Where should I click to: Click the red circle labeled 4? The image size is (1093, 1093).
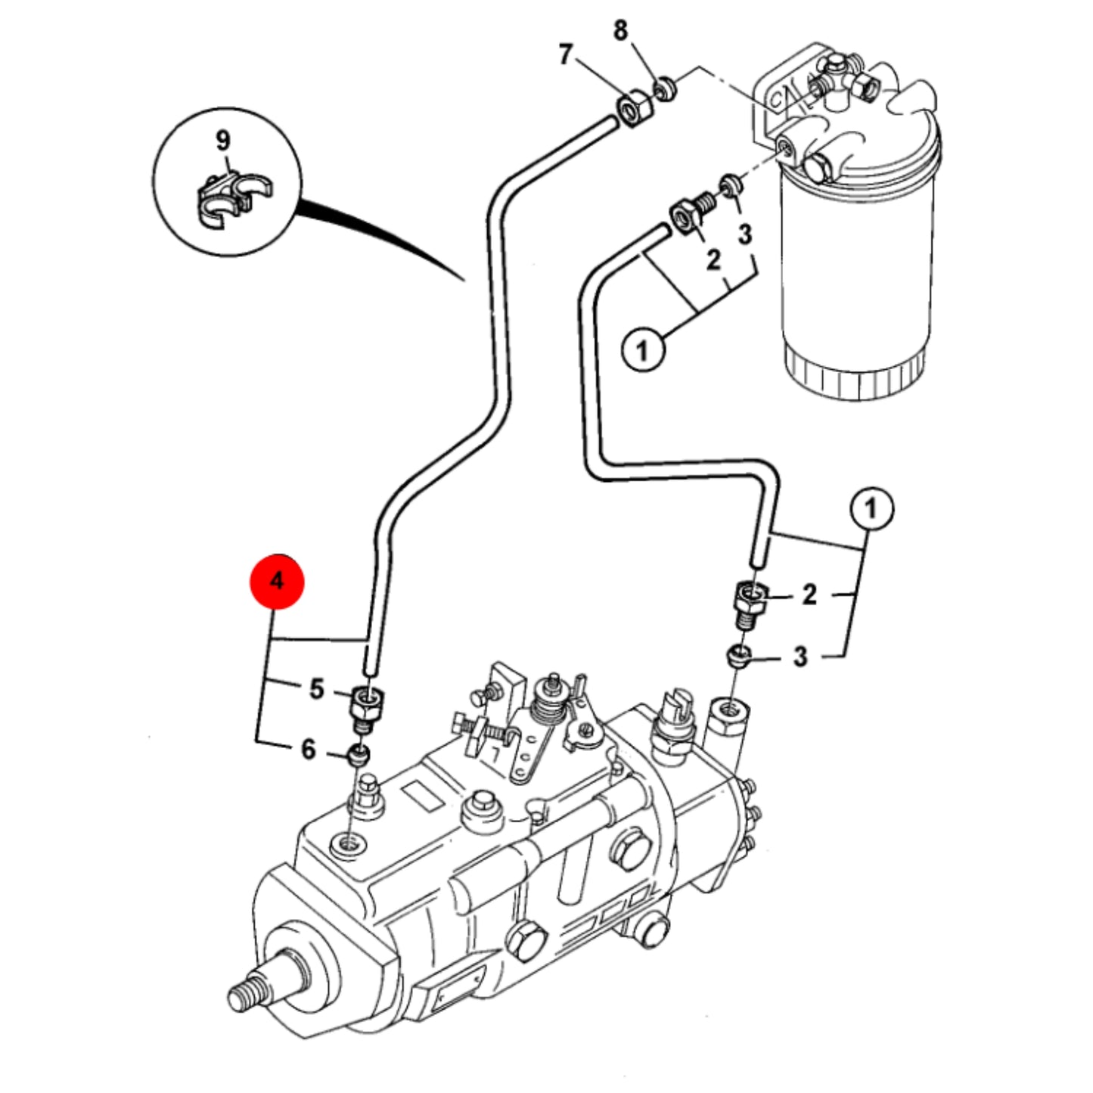click(x=278, y=581)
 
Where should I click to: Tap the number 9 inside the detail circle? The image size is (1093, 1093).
click(x=223, y=141)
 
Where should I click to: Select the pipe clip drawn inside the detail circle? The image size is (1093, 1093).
click(x=234, y=199)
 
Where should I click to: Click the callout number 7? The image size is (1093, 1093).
click(x=564, y=55)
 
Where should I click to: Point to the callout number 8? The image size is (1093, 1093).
click(x=620, y=30)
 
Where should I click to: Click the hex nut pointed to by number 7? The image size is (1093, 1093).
click(x=634, y=109)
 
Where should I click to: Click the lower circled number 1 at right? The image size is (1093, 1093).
click(x=871, y=508)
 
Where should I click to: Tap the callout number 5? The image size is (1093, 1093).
click(x=316, y=689)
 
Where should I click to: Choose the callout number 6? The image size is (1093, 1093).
click(x=308, y=750)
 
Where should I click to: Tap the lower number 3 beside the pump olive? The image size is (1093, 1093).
click(x=800, y=657)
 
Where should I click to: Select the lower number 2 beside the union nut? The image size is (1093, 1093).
click(x=809, y=595)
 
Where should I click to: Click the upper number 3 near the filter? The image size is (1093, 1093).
click(x=745, y=234)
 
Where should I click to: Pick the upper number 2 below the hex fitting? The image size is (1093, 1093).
click(x=713, y=259)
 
